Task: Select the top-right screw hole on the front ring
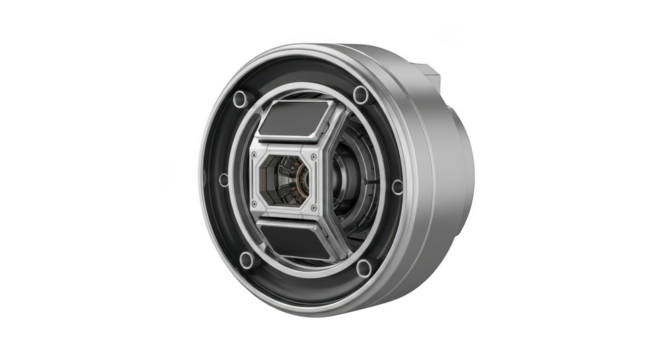(x=360, y=95)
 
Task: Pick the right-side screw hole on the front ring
(x=397, y=185)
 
